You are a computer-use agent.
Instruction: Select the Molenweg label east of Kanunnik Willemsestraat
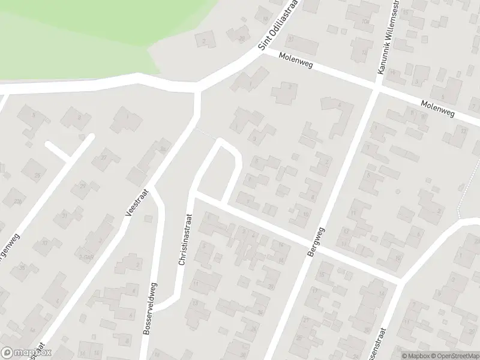point(437,109)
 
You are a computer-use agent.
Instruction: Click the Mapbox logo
point(26,353)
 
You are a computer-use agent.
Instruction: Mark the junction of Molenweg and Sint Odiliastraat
point(265,52)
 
